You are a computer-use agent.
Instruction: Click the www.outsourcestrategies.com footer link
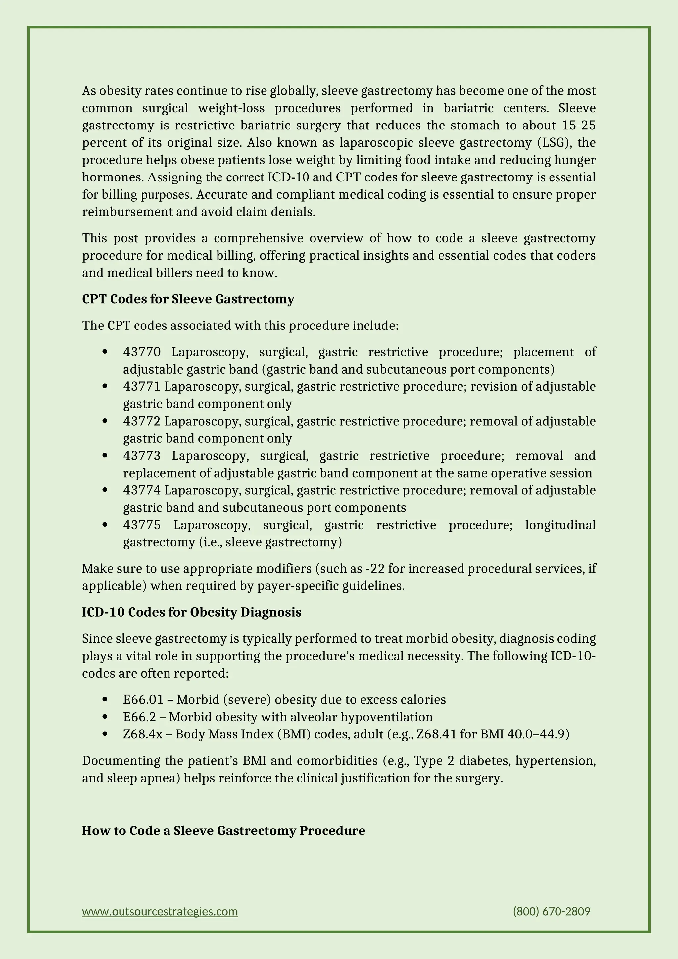click(x=160, y=911)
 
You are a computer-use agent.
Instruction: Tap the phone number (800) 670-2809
click(x=551, y=911)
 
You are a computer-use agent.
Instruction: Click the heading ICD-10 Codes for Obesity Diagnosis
click(x=192, y=612)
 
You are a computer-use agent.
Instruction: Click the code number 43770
click(x=142, y=352)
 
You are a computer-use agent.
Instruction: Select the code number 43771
click(x=142, y=387)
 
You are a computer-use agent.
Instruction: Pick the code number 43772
click(x=142, y=421)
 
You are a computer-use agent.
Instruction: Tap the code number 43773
click(x=142, y=456)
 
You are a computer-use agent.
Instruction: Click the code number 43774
click(x=142, y=490)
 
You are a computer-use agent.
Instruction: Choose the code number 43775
click(x=142, y=525)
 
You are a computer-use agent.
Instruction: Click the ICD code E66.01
click(x=143, y=700)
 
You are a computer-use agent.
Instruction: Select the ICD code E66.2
click(x=139, y=717)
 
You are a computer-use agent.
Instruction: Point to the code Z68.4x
click(x=143, y=734)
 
